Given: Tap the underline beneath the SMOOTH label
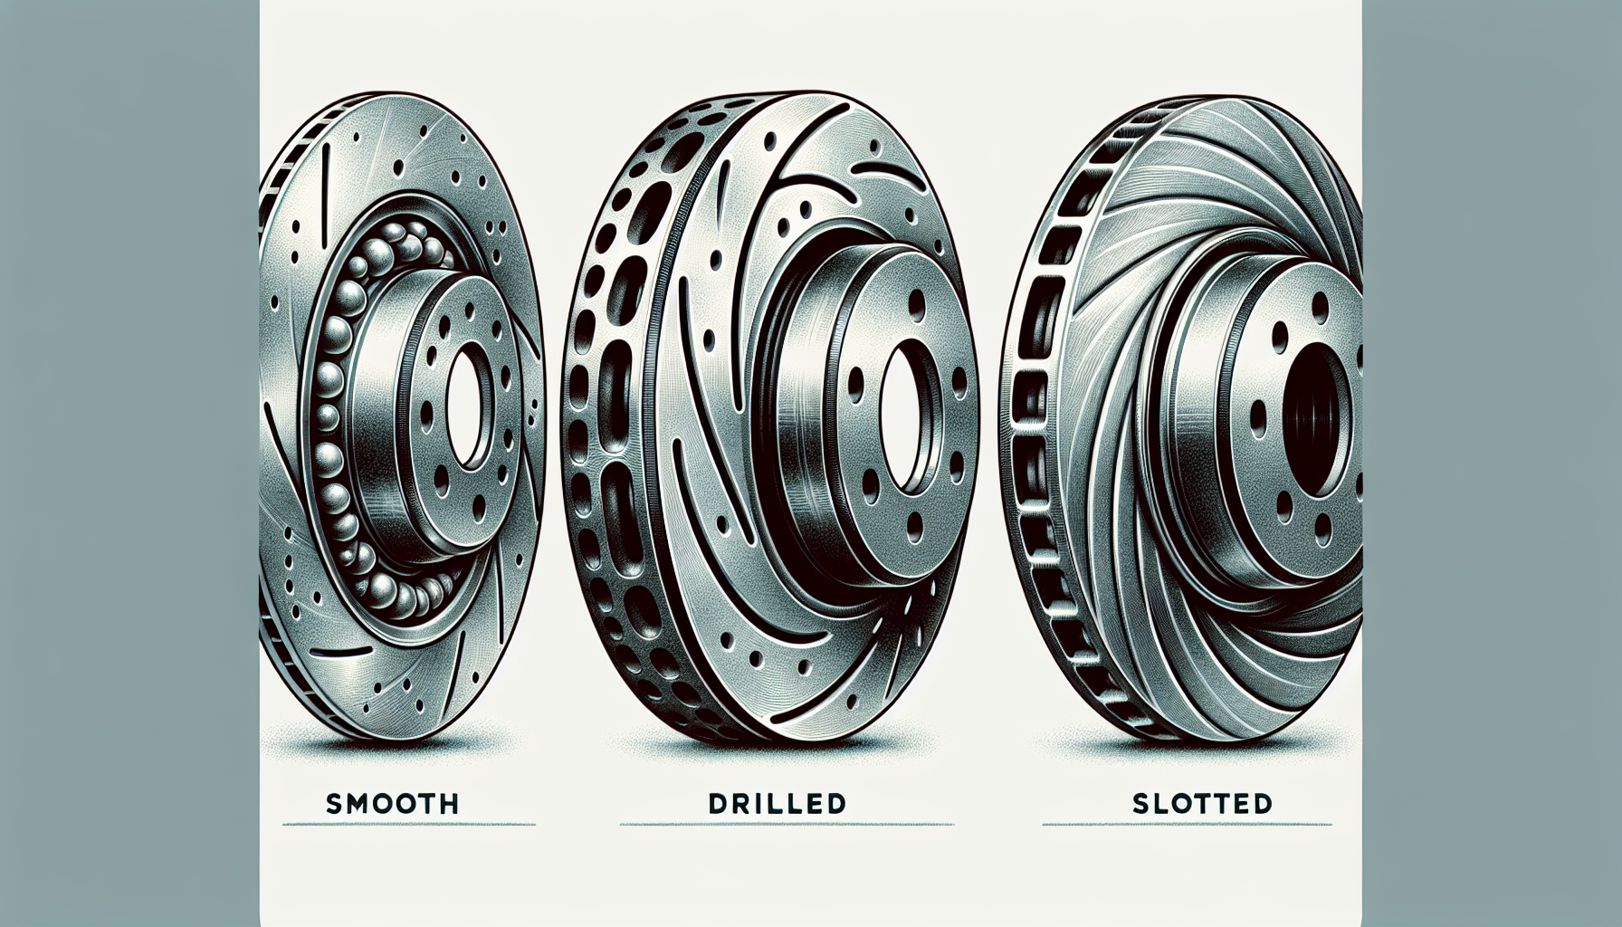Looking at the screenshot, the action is pos(409,824).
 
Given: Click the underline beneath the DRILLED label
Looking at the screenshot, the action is pos(787,824).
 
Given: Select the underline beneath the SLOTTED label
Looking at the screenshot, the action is pos(1187,824).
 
